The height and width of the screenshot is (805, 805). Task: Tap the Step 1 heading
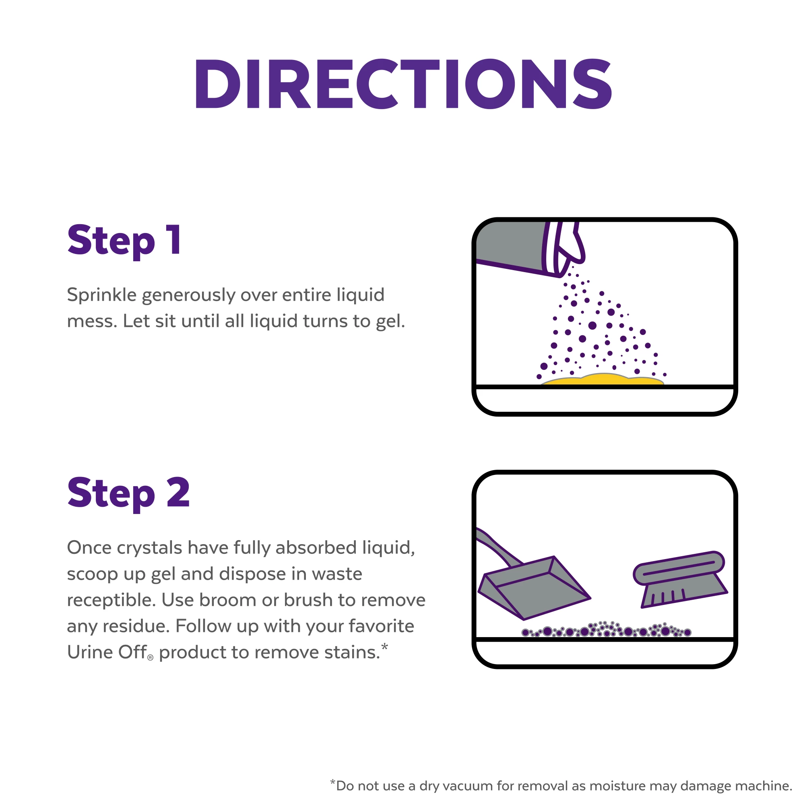(x=124, y=241)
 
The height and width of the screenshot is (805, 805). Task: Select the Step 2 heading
(x=128, y=494)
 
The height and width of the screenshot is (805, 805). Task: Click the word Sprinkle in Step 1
(x=102, y=295)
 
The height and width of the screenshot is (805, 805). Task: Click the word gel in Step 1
(x=390, y=322)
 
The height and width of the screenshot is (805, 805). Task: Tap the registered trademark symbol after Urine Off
(x=151, y=658)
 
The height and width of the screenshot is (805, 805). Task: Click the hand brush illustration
(x=680, y=579)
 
